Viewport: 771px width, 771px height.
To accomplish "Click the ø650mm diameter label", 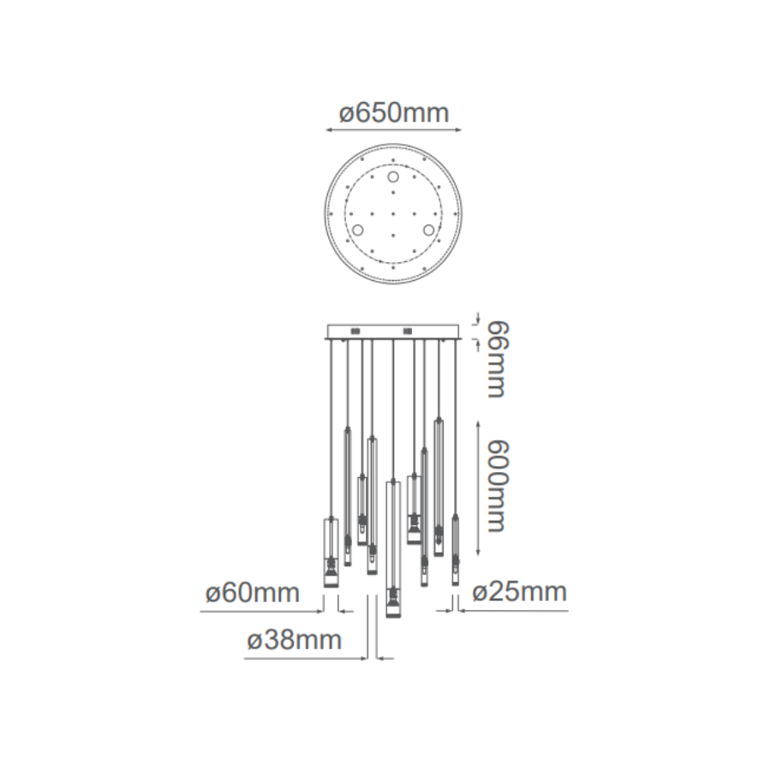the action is [394, 113].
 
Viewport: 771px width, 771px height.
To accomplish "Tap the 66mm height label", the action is [496, 360].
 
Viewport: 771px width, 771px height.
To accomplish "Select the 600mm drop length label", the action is [496, 486].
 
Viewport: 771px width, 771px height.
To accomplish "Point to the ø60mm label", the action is [252, 593].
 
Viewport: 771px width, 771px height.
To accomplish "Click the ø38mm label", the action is [294, 640].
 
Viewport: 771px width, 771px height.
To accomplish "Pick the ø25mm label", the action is [519, 591].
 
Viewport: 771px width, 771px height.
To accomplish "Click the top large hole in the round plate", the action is [393, 176].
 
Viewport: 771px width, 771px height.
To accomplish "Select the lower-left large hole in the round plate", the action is [357, 230].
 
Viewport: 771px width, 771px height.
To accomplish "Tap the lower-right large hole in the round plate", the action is [429, 230].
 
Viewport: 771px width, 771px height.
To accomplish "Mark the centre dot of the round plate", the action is [393, 214].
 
